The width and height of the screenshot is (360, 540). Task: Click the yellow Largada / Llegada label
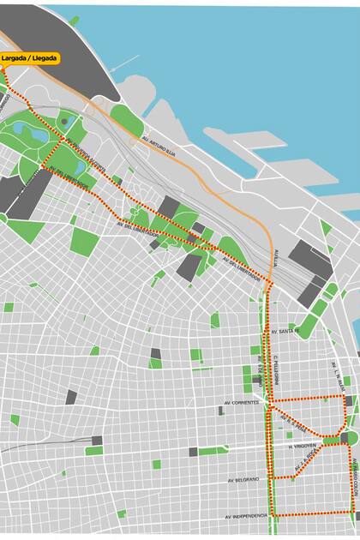tap(31, 58)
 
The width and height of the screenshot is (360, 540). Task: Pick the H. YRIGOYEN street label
tap(302, 446)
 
